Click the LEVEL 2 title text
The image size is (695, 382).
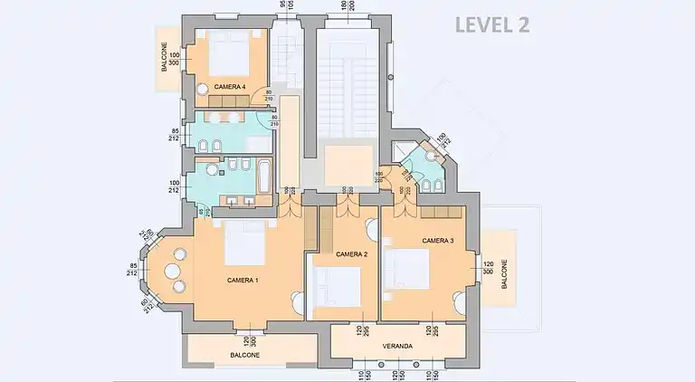point(492,24)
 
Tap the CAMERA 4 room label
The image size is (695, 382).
point(230,87)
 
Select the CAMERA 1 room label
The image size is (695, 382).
point(243,280)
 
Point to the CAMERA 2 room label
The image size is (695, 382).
point(351,254)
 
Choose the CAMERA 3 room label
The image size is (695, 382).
point(437,241)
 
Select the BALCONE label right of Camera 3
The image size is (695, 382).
point(504,274)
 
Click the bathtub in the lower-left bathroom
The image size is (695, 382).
point(262,175)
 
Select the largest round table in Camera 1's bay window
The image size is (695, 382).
point(173,271)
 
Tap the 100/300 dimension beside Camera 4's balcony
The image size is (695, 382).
point(174,59)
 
